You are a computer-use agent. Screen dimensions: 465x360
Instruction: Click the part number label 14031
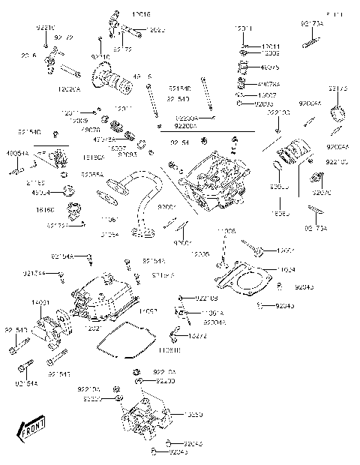pyautogui.click(x=40, y=302)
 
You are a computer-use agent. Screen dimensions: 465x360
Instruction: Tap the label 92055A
pyautogui.click(x=92, y=173)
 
